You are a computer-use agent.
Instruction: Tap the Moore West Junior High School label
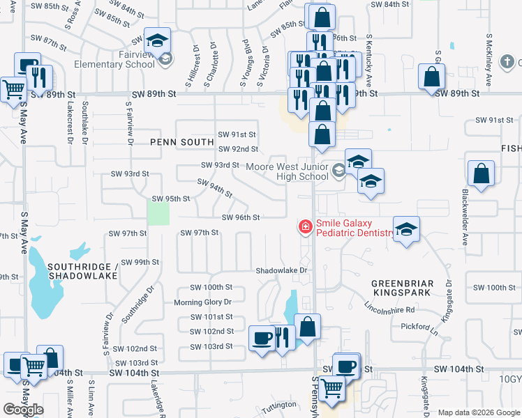tap(287, 171)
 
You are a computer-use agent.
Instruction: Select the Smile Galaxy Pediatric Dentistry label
tap(355, 228)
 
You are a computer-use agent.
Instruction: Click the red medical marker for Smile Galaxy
tap(305, 226)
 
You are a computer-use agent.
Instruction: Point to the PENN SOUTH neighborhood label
tap(181, 142)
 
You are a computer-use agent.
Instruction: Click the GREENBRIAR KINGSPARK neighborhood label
tap(412, 289)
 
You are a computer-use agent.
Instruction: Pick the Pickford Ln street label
tap(419, 326)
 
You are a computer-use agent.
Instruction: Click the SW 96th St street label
tap(241, 217)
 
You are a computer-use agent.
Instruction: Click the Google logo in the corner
tap(23, 410)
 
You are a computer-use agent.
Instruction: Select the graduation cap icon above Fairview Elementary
tap(158, 40)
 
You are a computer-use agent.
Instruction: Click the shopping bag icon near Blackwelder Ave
tap(482, 174)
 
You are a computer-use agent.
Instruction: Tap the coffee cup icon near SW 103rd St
tap(262, 338)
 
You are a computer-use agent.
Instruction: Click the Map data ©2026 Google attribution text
tap(479, 412)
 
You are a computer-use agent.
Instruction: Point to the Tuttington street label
tap(279, 405)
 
